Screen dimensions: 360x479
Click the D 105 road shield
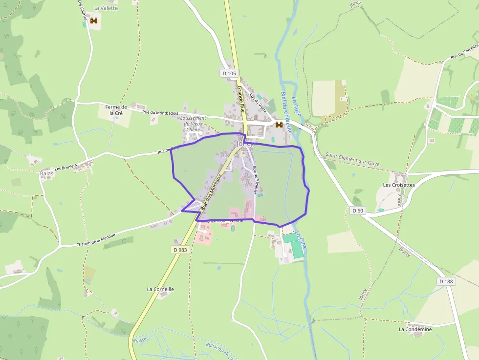point(229,73)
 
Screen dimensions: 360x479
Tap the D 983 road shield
point(180,250)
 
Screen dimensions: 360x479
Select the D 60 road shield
point(358,211)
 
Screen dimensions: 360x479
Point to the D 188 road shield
point(446,281)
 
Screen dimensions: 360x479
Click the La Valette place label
point(106,8)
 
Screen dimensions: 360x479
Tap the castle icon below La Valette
point(94,21)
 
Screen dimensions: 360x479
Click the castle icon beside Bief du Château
point(279,125)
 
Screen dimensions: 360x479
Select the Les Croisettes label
point(399,185)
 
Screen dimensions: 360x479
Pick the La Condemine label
point(415,329)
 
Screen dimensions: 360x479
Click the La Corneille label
point(160,289)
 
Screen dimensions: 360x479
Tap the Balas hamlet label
point(46,174)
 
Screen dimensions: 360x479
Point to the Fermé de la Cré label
point(116,110)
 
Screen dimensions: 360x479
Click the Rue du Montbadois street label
point(160,113)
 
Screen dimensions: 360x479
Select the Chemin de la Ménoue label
point(96,240)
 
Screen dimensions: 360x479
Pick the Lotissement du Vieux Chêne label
point(193,124)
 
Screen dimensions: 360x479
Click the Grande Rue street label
point(241,98)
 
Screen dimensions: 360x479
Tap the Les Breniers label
point(66,168)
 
